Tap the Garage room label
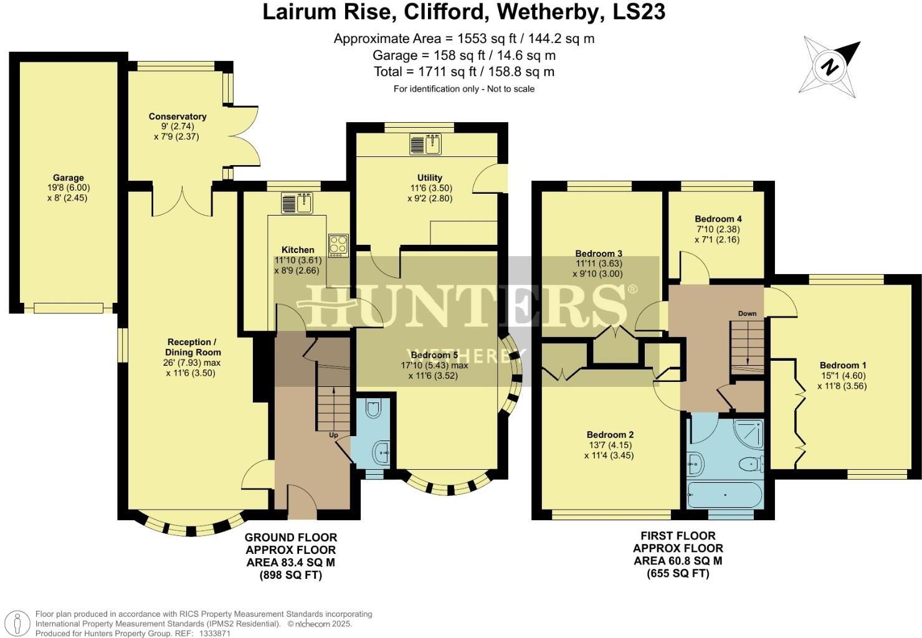[x=68, y=178]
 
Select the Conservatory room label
[x=178, y=117]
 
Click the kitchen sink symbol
[x=297, y=204]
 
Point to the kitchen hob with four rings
[x=338, y=244]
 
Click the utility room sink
[x=425, y=145]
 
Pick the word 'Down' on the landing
[x=747, y=313]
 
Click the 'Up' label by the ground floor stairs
[x=334, y=434]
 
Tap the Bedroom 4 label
[x=718, y=219]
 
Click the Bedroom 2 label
[x=610, y=434]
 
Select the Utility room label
[x=430, y=178]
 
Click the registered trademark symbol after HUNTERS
[x=632, y=289]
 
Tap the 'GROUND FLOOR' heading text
[x=291, y=537]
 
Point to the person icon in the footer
[x=19, y=623]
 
